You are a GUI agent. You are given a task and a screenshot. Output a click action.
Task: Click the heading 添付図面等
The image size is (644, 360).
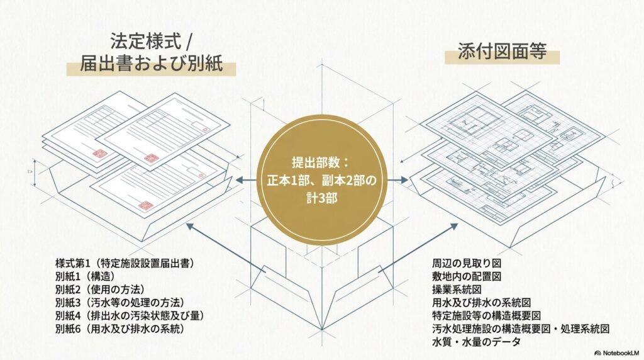pos(502,52)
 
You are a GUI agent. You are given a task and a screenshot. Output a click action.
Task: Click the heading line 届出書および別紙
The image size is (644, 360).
pos(151,64)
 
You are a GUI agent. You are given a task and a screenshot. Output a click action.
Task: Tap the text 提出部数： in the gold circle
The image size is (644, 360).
pos(320,163)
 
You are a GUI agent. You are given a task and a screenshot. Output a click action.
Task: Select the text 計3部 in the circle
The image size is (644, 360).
pos(321,198)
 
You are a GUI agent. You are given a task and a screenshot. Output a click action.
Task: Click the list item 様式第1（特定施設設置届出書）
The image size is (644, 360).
pos(125,263)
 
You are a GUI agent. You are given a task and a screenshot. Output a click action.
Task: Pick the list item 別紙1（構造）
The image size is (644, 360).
pos(85,276)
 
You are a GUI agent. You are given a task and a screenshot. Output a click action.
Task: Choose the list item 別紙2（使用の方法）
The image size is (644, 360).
pos(100,290)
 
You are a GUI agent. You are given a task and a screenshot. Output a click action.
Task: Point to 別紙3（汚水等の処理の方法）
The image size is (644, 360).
pos(119,303)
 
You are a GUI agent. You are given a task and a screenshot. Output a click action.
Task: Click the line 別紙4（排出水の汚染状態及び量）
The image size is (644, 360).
pos(130,315)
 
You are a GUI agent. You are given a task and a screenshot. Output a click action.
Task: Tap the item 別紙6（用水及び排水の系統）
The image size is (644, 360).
pos(119,329)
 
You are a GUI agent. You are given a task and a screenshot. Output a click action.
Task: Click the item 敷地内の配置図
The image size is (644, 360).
pos(467,276)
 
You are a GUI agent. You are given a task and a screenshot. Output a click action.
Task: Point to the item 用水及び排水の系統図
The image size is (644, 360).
pos(481,303)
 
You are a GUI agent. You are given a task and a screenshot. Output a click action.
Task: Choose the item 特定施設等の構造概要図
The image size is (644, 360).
pos(486,315)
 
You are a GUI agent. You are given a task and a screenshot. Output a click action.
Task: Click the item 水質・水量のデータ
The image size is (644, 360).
pos(477,342)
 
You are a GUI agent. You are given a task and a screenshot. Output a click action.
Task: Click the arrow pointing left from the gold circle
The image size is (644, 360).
pos(246,180)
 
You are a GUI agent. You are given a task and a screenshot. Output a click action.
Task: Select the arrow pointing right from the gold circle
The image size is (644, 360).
pos(397,180)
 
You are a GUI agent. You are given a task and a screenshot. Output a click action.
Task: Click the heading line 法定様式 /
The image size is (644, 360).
pos(151,42)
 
